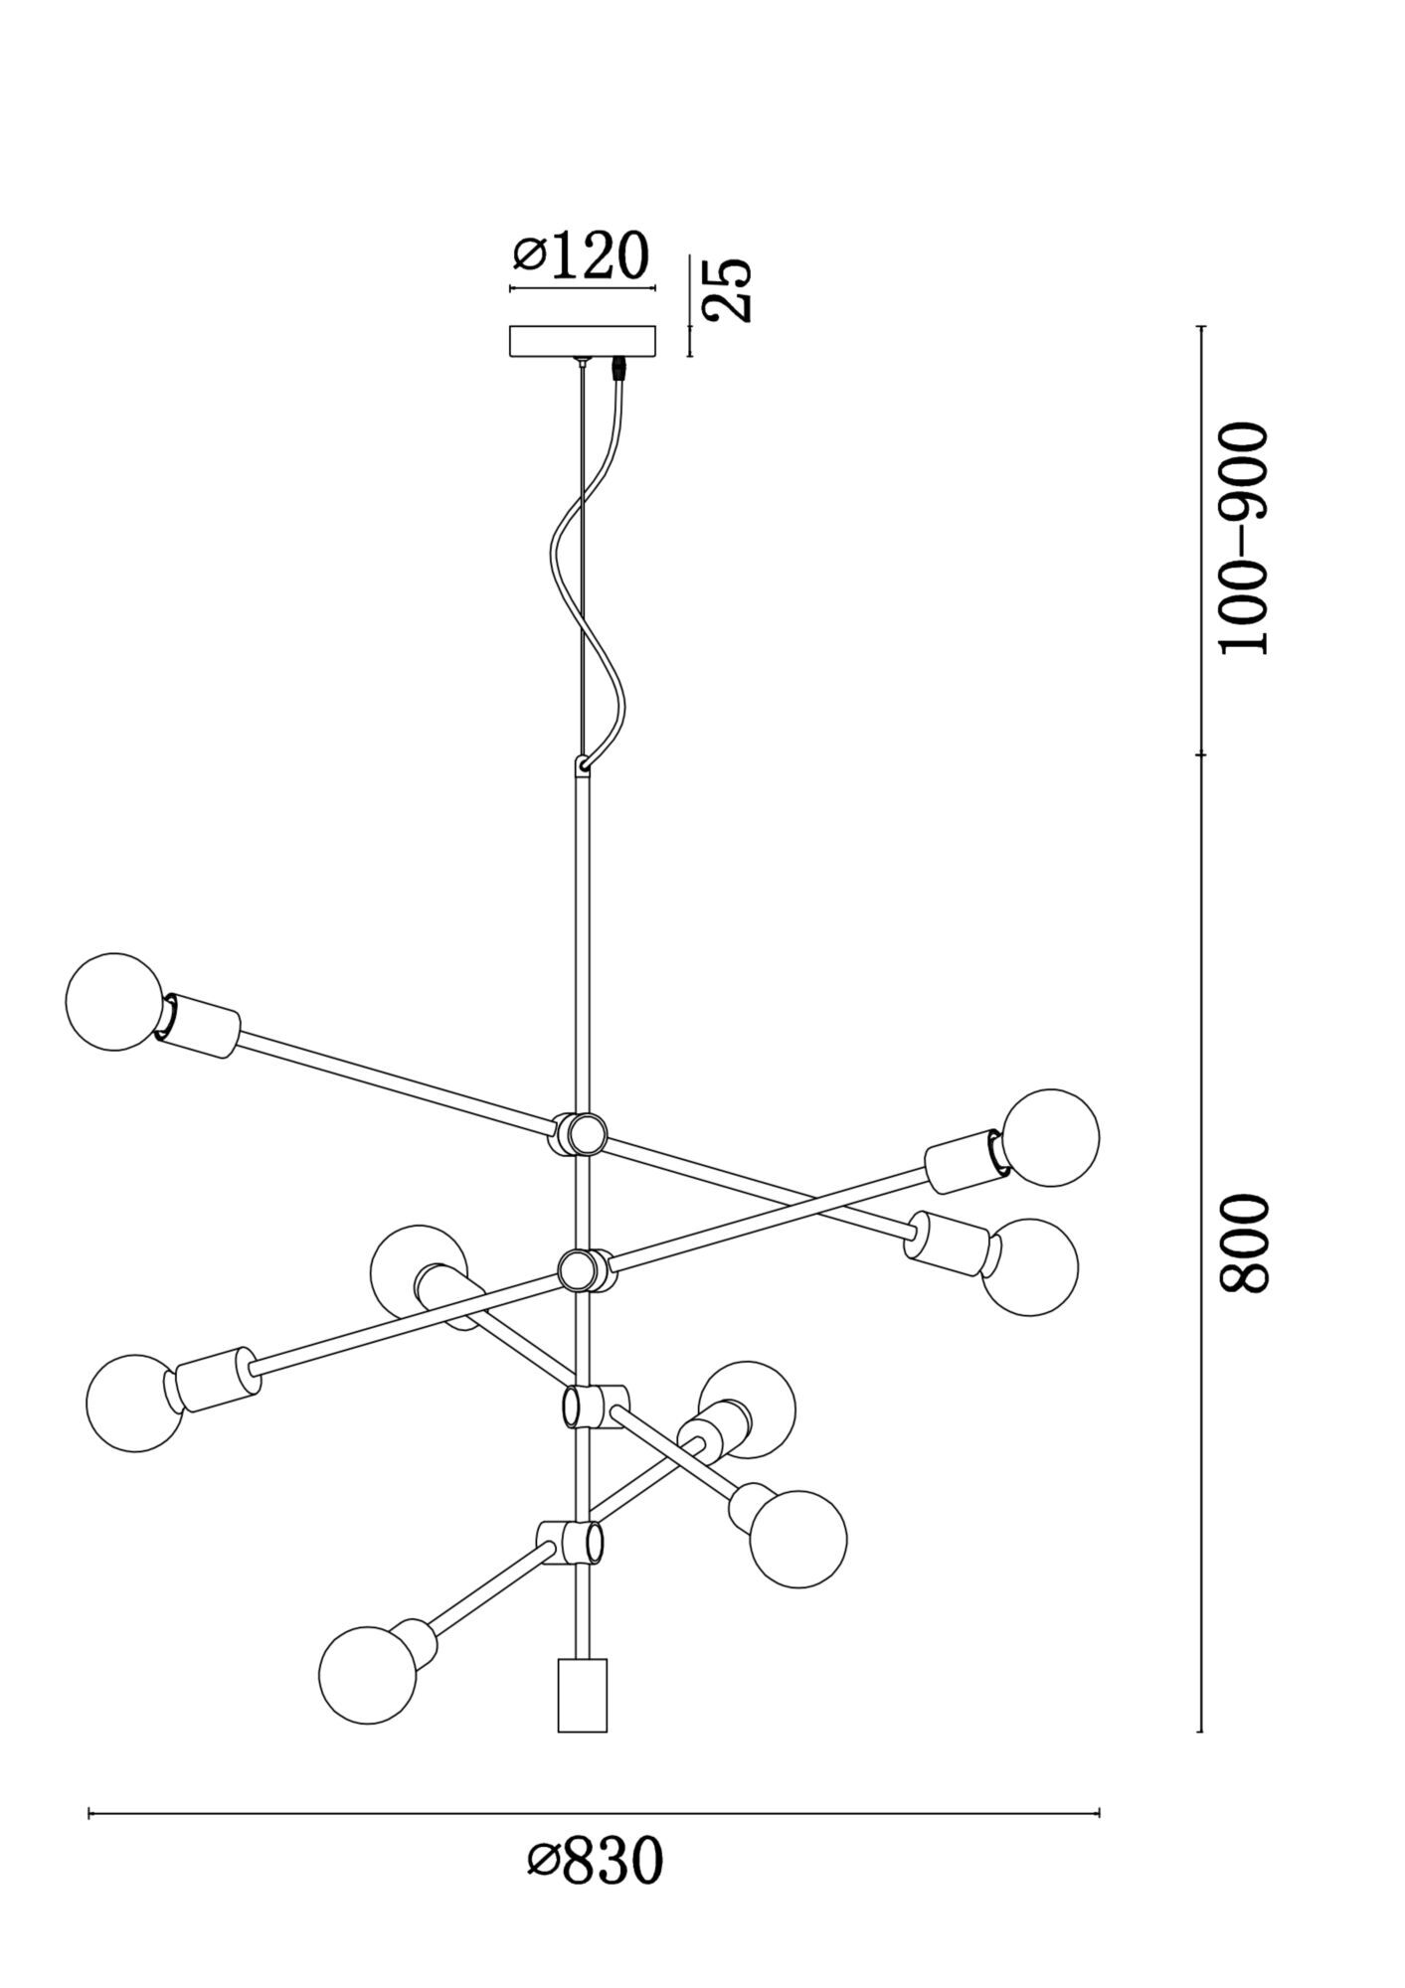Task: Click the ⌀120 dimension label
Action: click(x=582, y=256)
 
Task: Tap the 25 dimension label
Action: click(x=728, y=289)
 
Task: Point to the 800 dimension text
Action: click(x=1244, y=1242)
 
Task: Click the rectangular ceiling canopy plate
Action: click(x=583, y=341)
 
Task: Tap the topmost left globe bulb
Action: click(x=114, y=1001)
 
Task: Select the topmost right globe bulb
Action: click(x=1050, y=1137)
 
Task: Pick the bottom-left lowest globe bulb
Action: click(x=367, y=1674)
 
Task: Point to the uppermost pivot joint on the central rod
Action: click(x=579, y=1133)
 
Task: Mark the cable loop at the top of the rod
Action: click(x=583, y=765)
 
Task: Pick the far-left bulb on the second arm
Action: click(x=134, y=1404)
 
